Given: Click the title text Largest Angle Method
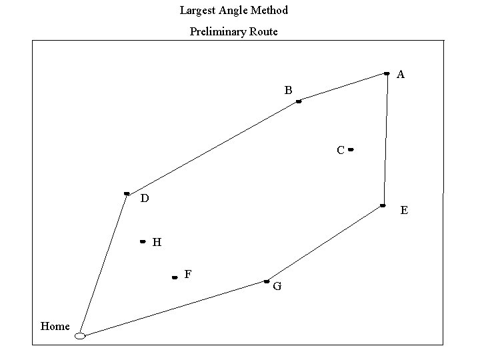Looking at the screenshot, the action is pyautogui.click(x=234, y=11).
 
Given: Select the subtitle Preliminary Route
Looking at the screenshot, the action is pyautogui.click(x=234, y=31).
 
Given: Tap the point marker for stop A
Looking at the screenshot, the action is pyautogui.click(x=387, y=73).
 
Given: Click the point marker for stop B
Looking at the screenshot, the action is pyautogui.click(x=299, y=101).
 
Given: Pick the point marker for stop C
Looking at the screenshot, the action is pyautogui.click(x=351, y=150).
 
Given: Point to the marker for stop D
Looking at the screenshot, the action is pyautogui.click(x=127, y=194).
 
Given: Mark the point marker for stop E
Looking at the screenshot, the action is pyautogui.click(x=383, y=205).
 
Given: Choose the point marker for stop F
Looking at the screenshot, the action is pyautogui.click(x=175, y=277).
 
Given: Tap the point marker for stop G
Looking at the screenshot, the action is pyautogui.click(x=266, y=281).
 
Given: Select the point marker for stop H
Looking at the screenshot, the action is pyautogui.click(x=143, y=241).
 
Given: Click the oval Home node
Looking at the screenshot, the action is pyautogui.click(x=80, y=336).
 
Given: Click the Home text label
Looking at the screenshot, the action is pyautogui.click(x=55, y=326).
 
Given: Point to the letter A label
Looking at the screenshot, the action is pyautogui.click(x=401, y=75).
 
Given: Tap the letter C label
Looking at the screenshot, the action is pyautogui.click(x=340, y=151).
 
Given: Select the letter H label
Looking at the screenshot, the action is pyautogui.click(x=157, y=243).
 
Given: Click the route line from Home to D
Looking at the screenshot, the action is pyautogui.click(x=103, y=265).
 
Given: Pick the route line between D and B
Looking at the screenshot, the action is pyautogui.click(x=213, y=147).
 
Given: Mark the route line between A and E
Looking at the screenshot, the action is pyautogui.click(x=385, y=139).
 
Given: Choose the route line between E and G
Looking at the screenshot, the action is pyautogui.click(x=325, y=243).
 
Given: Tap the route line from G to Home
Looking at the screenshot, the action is pyautogui.click(x=173, y=309).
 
